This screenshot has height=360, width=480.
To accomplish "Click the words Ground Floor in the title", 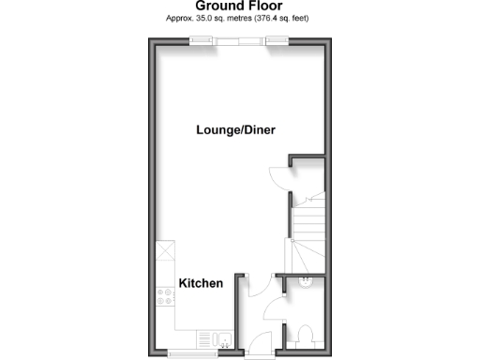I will pos(239,7).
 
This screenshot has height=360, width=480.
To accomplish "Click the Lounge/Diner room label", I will pos(235,130).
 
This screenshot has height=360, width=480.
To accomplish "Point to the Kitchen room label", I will pos(201,283).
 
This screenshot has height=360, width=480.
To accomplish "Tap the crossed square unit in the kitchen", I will pos(166,251).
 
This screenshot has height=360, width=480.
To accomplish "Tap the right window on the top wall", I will pos(276,39).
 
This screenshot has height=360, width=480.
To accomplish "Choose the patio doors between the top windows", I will pos(238,39).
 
